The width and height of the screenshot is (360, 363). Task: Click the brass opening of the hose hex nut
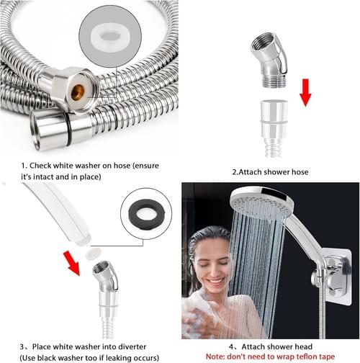(78, 92)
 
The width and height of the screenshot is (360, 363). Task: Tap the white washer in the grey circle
(110, 37)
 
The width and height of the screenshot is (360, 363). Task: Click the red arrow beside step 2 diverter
(305, 93)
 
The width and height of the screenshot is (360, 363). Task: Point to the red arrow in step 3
(72, 263)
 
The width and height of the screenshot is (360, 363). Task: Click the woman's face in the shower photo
(212, 264)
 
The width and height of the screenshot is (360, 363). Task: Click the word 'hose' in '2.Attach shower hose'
(300, 172)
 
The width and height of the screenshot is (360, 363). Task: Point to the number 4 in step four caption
(231, 347)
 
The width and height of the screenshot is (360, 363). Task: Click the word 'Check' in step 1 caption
(40, 166)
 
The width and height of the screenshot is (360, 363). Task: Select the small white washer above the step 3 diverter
(94, 253)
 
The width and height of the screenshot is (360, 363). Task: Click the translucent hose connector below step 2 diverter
(274, 128)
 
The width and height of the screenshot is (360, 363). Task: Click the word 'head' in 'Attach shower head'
(303, 346)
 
